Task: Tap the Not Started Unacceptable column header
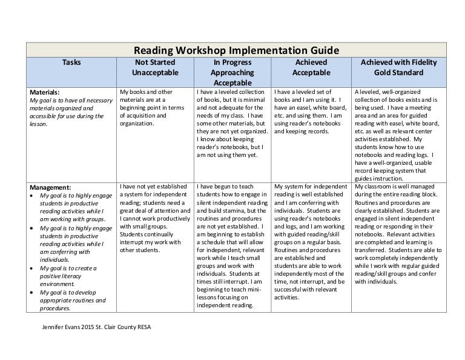[154, 67]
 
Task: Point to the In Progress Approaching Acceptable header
[232, 72]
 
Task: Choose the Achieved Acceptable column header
[311, 67]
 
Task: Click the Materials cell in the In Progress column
[232, 123]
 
